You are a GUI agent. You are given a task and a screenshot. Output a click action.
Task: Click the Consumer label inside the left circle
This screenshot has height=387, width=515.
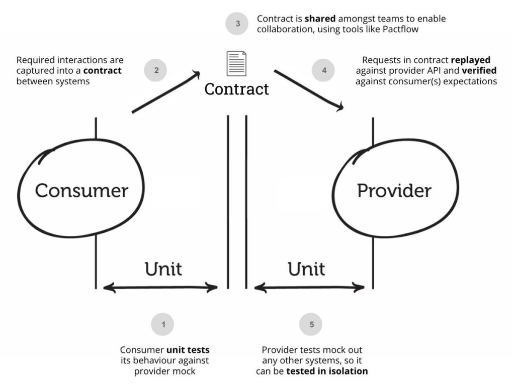pyautogui.click(x=81, y=191)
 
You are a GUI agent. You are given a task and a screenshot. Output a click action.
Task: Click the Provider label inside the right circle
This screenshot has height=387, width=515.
pyautogui.click(x=394, y=191)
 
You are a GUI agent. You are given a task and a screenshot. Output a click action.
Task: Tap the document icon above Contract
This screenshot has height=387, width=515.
pyautogui.click(x=236, y=63)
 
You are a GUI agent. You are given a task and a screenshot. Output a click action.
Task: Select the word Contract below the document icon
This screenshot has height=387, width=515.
pyautogui.click(x=236, y=89)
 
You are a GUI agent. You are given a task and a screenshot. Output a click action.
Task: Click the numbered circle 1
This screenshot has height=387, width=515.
pyautogui.click(x=163, y=325)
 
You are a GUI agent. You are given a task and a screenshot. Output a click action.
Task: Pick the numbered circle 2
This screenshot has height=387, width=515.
pyautogui.click(x=156, y=71)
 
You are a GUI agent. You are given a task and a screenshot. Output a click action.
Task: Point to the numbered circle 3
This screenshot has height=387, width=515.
pyautogui.click(x=237, y=23)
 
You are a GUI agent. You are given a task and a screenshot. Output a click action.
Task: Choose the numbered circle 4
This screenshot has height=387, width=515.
pyautogui.click(x=324, y=71)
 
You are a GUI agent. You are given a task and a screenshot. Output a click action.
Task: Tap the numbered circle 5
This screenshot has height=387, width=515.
pyautogui.click(x=311, y=325)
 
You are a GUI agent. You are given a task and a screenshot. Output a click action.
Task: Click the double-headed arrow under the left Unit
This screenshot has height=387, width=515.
pyautogui.click(x=160, y=288)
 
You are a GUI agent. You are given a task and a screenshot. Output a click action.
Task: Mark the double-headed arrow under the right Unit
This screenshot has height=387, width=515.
pyautogui.click(x=309, y=288)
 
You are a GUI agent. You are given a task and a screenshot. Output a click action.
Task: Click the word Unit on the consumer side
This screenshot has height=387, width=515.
pyautogui.click(x=163, y=269)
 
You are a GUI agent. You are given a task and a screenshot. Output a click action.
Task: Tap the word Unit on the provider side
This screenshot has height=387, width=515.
pyautogui.click(x=306, y=269)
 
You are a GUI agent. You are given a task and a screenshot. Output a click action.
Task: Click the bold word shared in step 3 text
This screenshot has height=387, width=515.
pyautogui.click(x=320, y=19)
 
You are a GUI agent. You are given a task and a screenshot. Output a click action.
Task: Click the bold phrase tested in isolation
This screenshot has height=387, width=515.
pyautogui.click(x=327, y=371)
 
